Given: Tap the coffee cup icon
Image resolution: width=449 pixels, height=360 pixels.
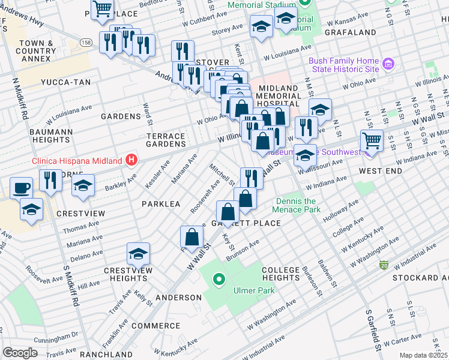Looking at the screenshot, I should pos(22,188).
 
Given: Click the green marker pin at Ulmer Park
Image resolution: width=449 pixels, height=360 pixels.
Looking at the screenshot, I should pos(219,279).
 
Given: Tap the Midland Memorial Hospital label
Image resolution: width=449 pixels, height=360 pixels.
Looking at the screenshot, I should pos(277,96).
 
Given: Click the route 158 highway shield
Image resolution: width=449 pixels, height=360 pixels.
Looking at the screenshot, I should pos(87,43).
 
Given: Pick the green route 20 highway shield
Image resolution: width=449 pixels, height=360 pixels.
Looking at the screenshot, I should pos(383,265).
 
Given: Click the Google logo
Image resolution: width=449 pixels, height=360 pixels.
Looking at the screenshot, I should pos(20,353).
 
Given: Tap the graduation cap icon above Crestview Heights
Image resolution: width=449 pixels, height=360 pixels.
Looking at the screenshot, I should pos(139,254).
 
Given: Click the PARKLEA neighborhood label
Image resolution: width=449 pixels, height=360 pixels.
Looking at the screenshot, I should pos(161,204).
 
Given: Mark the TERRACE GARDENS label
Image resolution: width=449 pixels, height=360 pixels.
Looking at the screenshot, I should pos(166,140).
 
